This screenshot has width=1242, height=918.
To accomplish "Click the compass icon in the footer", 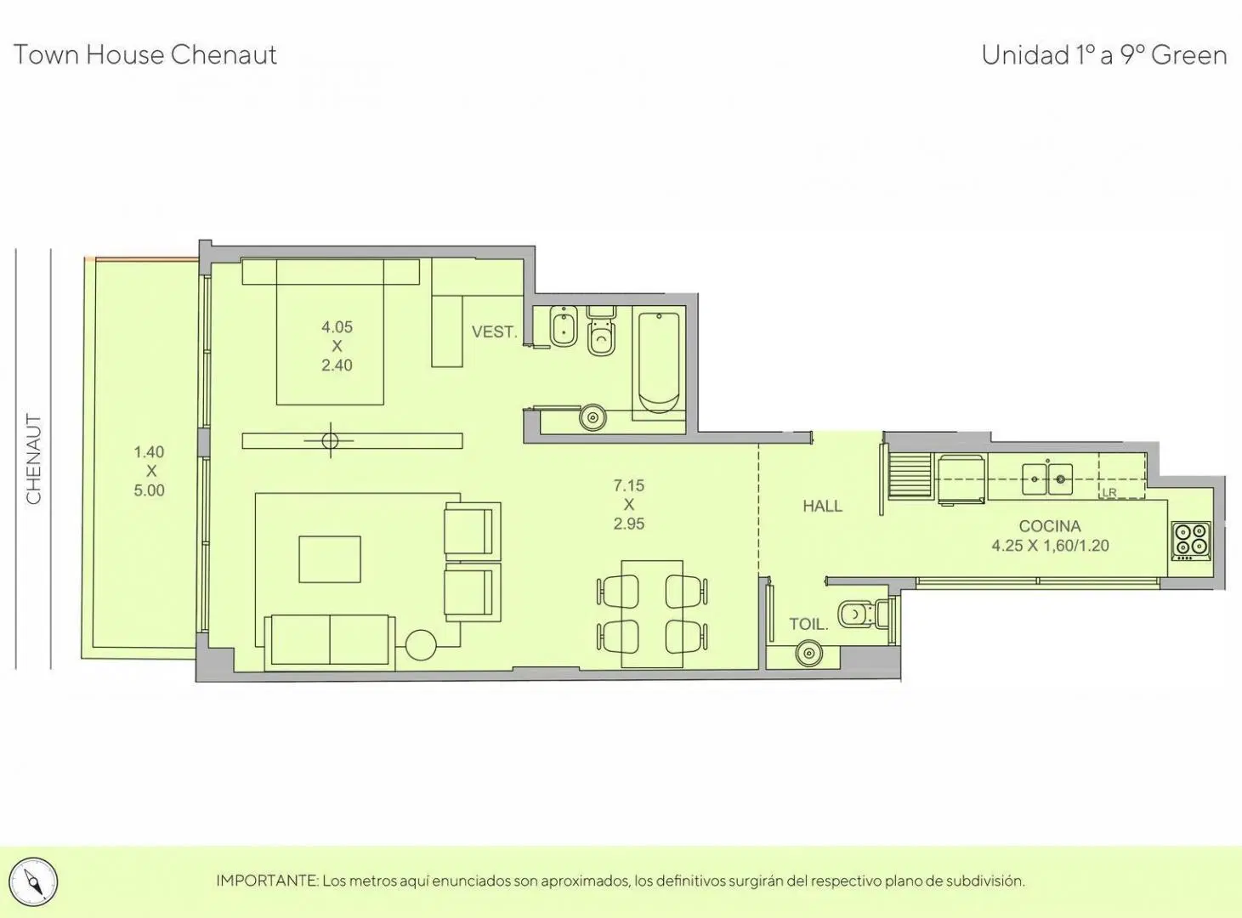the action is tap(34, 881).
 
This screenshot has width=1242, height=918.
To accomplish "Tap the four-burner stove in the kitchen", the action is tap(1191, 541).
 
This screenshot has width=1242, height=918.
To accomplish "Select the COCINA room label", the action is tap(1049, 526).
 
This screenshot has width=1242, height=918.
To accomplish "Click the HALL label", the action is tap(822, 506).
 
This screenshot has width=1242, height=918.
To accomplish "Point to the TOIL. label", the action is tap(808, 624).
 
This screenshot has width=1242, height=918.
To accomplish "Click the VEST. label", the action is tap(495, 332).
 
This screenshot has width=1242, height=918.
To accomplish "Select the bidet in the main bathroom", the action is tap(564, 326).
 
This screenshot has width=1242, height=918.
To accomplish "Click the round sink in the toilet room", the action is tap(809, 653).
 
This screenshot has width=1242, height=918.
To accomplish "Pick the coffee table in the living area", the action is tap(329, 559).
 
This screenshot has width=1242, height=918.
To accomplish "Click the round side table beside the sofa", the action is tap(421, 645).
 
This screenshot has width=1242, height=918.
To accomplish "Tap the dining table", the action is tap(652, 614).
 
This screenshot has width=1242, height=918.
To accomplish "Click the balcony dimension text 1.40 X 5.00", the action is tap(149, 471).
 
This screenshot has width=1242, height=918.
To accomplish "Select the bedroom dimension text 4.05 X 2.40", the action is tap(337, 346).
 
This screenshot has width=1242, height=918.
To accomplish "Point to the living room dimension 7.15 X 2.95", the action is tap(628, 505).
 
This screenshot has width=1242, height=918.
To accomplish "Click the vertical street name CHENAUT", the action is tap(34, 459).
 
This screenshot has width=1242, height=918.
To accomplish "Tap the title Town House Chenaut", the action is tap(145, 55).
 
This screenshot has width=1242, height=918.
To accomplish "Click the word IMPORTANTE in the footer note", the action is tap(267, 881).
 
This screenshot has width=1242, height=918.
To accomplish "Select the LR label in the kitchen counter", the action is tap(1109, 492).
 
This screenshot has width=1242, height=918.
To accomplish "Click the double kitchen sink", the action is tap(1047, 479).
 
